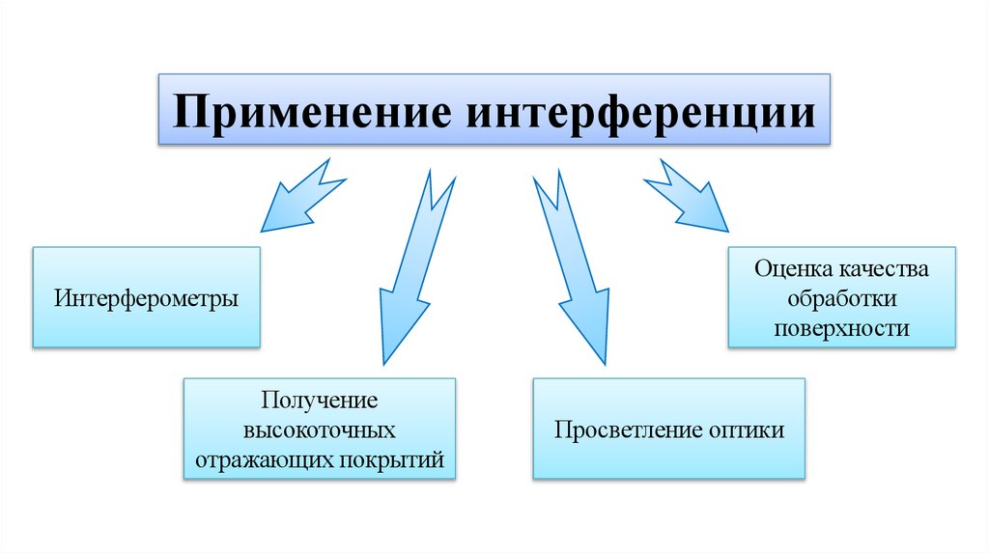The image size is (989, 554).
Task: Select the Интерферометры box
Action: (x=146, y=296)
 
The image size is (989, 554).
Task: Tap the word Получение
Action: (x=319, y=399)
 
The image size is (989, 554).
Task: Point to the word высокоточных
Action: (x=319, y=429)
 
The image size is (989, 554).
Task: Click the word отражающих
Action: (x=264, y=459)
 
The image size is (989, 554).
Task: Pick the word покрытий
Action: (x=391, y=459)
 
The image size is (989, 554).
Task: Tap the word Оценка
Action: (x=791, y=268)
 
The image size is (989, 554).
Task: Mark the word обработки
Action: (x=841, y=297)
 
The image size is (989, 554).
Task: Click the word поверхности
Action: (x=841, y=327)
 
